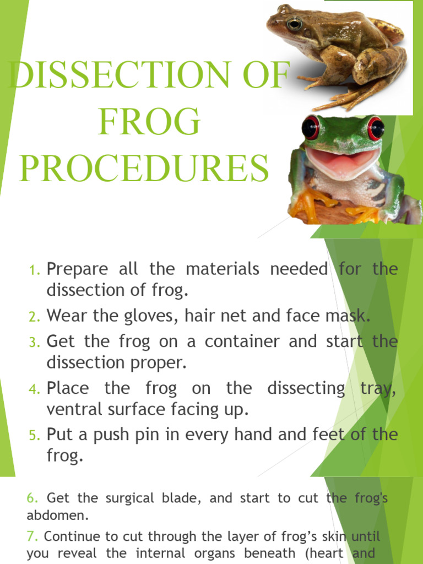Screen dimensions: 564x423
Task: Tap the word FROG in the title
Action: coord(149,122)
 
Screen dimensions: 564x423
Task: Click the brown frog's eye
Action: coord(294,24)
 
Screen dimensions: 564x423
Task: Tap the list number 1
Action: coord(35,270)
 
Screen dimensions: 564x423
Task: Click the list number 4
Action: coord(35,389)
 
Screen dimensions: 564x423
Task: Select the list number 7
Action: coord(33,536)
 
